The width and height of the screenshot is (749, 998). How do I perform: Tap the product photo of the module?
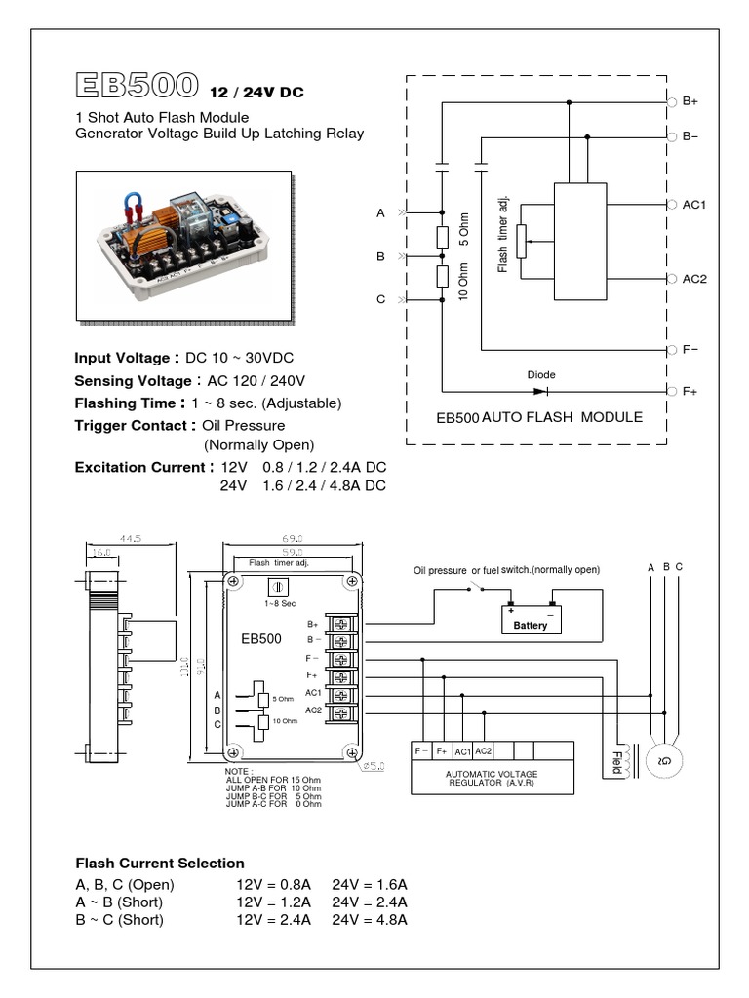tap(183, 245)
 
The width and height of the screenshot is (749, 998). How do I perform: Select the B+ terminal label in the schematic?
tap(690, 101)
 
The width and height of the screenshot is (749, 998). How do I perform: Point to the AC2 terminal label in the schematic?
tap(694, 279)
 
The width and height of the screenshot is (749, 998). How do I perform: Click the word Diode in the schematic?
tap(541, 374)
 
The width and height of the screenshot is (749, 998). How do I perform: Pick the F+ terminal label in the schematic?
tap(690, 391)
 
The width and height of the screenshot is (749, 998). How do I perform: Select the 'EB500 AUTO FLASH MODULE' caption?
tap(538, 417)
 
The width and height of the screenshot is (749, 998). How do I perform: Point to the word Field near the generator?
tap(616, 762)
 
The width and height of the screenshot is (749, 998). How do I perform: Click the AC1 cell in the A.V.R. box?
tap(462, 751)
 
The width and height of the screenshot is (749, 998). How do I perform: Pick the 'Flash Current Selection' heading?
tap(160, 864)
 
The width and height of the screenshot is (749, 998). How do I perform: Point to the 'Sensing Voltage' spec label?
tap(134, 381)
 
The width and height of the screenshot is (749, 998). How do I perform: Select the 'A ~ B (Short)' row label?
tap(120, 902)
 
